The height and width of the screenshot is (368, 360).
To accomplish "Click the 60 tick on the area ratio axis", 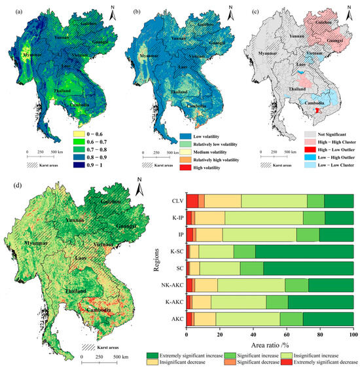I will pos(287,333).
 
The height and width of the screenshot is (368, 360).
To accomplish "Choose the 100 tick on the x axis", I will pos(352,333).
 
